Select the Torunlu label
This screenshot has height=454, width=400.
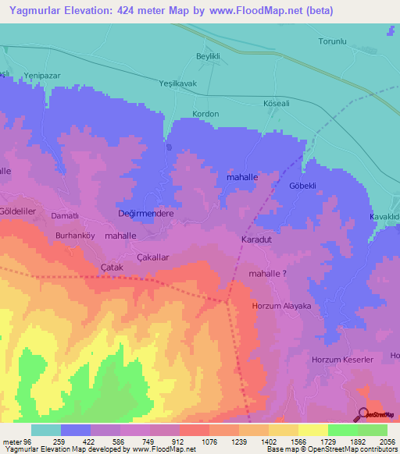coord(332,41)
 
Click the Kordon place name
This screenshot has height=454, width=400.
coord(205,114)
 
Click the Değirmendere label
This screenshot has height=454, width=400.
coord(145,213)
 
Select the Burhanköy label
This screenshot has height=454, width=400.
coord(75,234)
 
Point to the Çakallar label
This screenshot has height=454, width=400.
coord(153,257)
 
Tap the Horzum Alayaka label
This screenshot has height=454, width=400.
coord(281,307)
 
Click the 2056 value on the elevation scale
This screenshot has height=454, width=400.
coord(388,441)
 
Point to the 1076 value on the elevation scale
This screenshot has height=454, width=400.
coord(209,441)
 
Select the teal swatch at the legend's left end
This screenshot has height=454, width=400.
coord(45,430)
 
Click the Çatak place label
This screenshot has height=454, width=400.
coord(113,268)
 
